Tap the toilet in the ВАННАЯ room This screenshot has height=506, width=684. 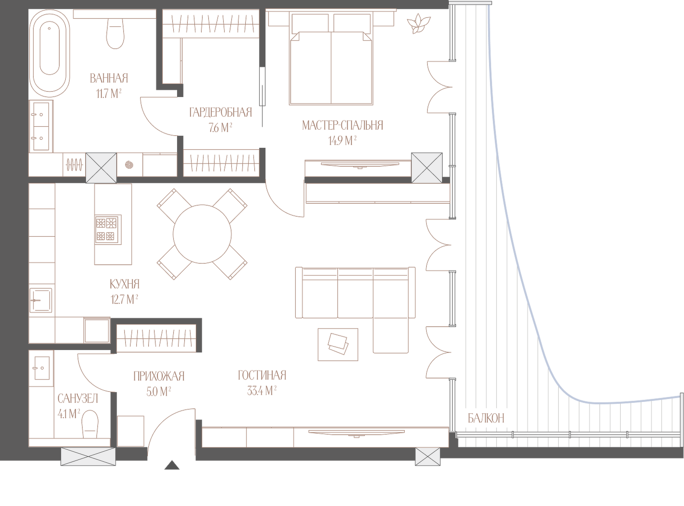point(115,33)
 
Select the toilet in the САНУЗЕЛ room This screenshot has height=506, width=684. point(90,424)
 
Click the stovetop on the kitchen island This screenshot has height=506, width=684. point(108,229)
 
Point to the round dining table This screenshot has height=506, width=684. point(202,234)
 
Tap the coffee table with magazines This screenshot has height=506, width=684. point(338,344)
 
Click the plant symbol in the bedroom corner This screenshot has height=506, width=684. point(418,23)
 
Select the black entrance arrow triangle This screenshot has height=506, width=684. point(172,465)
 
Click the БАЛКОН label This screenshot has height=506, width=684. point(486,418)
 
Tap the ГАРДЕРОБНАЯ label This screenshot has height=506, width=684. point(220,112)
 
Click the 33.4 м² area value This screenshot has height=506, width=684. point(262,391)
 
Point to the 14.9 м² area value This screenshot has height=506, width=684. point(342,141)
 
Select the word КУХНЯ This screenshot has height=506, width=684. point(125,284)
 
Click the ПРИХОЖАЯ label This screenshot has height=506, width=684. point(159,376)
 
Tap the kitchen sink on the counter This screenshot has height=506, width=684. point(41,300)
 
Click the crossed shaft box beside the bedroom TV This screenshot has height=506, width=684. point(427,168)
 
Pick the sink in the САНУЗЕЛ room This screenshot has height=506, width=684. point(42,368)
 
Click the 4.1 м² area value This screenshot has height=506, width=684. point(69,414)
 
